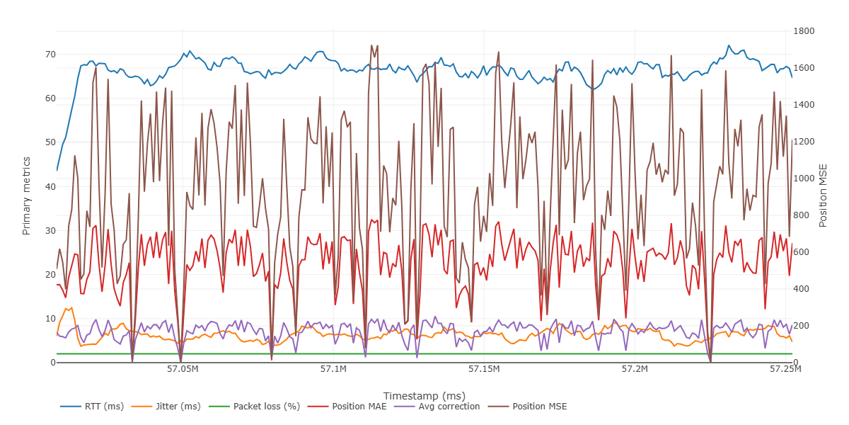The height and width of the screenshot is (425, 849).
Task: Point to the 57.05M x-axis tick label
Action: pos(183,370)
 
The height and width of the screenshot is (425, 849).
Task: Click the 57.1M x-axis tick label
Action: pos(333,370)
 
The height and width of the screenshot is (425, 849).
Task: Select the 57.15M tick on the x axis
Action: pos(484,370)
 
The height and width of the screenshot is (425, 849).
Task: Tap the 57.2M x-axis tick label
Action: pos(635,370)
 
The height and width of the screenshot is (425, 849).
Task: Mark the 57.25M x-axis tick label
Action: pos(785,370)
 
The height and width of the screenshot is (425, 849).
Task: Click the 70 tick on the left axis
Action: pos(50,55)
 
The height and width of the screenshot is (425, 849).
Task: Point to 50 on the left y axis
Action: pos(50,142)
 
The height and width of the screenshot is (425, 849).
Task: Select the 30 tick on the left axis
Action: pos(50,231)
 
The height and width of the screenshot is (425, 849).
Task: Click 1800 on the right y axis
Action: pos(805,31)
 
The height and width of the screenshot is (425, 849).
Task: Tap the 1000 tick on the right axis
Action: pos(805,178)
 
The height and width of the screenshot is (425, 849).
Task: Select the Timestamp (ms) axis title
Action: pos(424,395)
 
